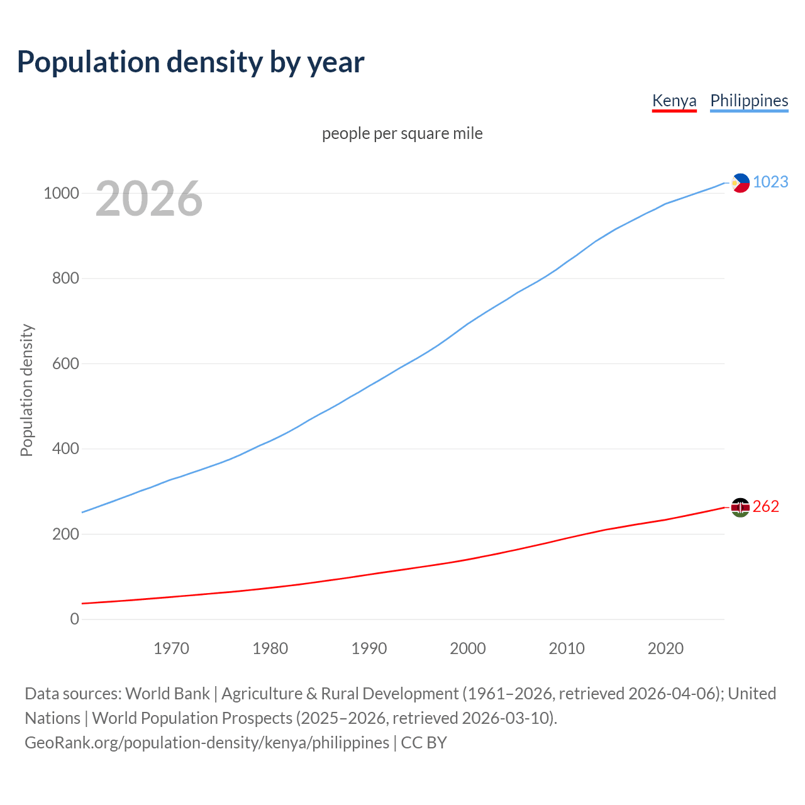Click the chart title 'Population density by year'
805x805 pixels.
click(191, 62)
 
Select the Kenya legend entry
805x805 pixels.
click(674, 101)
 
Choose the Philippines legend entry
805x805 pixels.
click(749, 101)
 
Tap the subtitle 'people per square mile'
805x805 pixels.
click(402, 134)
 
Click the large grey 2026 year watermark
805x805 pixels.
click(149, 199)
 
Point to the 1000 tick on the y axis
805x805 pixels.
click(61, 193)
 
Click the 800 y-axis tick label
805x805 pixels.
click(65, 278)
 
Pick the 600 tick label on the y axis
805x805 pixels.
click(65, 364)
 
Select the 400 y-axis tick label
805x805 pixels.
click(65, 448)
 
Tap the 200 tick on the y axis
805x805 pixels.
click(65, 534)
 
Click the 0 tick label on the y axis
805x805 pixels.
click(75, 619)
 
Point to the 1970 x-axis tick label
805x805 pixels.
click(171, 648)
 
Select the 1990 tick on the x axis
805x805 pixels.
click(369, 648)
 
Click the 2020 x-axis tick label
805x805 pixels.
click(665, 648)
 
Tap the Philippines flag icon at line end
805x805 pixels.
click(740, 183)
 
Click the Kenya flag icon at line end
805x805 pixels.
click(740, 507)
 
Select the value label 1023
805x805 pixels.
click(770, 182)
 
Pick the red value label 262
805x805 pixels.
click(765, 507)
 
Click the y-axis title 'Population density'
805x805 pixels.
click(26, 390)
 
